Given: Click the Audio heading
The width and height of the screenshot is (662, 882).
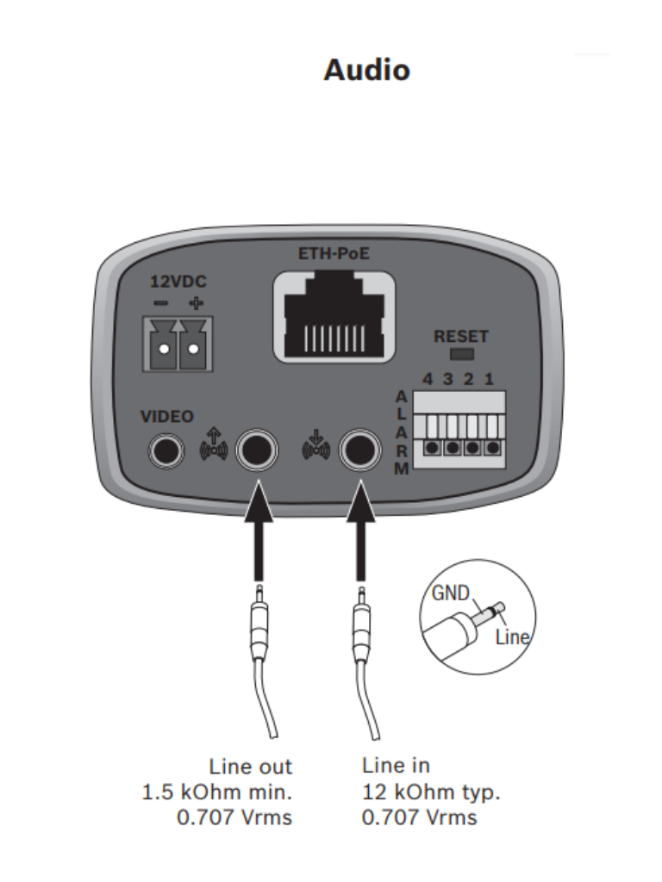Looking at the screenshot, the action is coord(367,71).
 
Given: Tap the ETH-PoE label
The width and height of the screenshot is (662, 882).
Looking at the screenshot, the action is coord(334,254).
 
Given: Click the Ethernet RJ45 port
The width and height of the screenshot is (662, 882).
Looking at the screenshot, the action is coord(334,317).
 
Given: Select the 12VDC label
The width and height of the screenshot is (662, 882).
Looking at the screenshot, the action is coord(178,282).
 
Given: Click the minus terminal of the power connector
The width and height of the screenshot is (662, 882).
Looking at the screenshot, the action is coord(163,349).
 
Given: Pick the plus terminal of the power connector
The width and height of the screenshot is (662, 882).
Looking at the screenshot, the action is coord(193,349).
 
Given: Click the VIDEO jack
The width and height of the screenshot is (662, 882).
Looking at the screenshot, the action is coord(166,451).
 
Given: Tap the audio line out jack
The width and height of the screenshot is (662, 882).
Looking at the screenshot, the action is coord(257,450).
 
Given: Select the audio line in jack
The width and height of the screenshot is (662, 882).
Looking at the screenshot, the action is coord(359,450).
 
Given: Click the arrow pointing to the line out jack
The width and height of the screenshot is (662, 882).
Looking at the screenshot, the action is coord(259,531).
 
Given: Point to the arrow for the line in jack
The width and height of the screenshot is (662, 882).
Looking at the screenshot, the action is coord(361,531).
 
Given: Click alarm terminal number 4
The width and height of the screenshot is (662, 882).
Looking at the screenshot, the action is coord(433,447).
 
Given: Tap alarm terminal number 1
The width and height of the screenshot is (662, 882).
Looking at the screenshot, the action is coord(493,447).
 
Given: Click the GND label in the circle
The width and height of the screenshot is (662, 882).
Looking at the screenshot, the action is coord(450,593).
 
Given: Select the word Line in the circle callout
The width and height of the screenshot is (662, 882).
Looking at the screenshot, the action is coord(512,637).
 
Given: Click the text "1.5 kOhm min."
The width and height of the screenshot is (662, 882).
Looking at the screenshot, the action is coord(217,792).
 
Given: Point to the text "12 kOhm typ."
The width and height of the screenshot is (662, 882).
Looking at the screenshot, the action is coord(431,792).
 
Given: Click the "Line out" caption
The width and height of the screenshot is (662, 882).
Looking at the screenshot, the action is coord(251,767).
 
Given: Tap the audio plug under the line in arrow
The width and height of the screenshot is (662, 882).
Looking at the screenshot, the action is coord(362,624).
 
